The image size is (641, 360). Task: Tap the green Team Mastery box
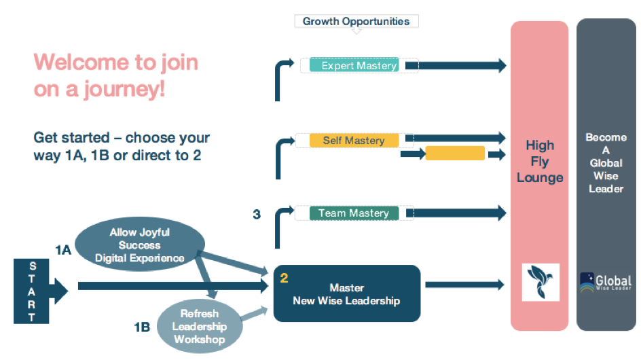pyautogui.click(x=354, y=213)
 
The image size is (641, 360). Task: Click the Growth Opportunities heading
pyautogui.click(x=356, y=21)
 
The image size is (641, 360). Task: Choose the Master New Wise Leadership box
pyautogui.click(x=346, y=294)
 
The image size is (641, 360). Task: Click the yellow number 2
pyautogui.click(x=284, y=278)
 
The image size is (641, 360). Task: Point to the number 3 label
pyautogui.click(x=257, y=215)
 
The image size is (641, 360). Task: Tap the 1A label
pyautogui.click(x=63, y=250)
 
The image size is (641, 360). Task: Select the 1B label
pyautogui.click(x=142, y=328)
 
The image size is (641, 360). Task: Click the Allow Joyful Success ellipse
pyautogui.click(x=139, y=245)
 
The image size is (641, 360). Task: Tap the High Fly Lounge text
pyautogui.click(x=540, y=162)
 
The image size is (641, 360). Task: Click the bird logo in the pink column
pyautogui.click(x=540, y=283)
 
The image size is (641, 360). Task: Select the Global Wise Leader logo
pyautogui.click(x=606, y=283)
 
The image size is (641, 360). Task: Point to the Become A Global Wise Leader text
pyautogui.click(x=606, y=163)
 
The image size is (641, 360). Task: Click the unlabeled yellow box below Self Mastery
pyautogui.click(x=455, y=154)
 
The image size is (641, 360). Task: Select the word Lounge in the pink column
pyautogui.click(x=540, y=178)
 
